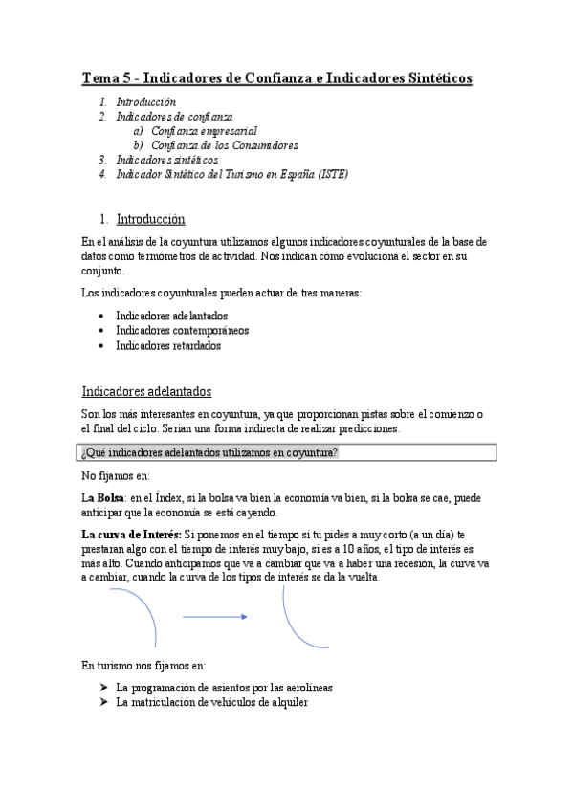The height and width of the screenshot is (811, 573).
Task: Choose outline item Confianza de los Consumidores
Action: (225, 145)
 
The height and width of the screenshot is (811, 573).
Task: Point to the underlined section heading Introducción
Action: (150, 219)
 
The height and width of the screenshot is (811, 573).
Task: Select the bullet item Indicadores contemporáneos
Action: (182, 330)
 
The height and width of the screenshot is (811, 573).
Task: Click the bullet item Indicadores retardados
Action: (167, 345)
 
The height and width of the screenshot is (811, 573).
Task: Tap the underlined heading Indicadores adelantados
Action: (146, 392)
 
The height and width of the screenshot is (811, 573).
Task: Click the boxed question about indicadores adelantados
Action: (209, 452)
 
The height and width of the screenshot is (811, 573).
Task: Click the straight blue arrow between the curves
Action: (215, 617)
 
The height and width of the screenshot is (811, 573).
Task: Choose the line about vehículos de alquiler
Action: (211, 702)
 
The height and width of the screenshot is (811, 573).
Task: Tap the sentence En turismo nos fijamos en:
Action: (143, 665)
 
